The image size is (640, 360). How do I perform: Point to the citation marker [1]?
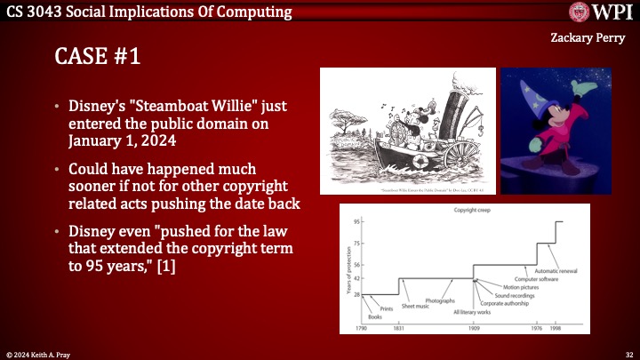pos(164,264)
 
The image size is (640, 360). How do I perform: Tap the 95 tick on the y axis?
pos(356,221)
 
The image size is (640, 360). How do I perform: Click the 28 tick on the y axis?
pos(356,294)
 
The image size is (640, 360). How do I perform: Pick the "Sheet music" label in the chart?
pos(415,305)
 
